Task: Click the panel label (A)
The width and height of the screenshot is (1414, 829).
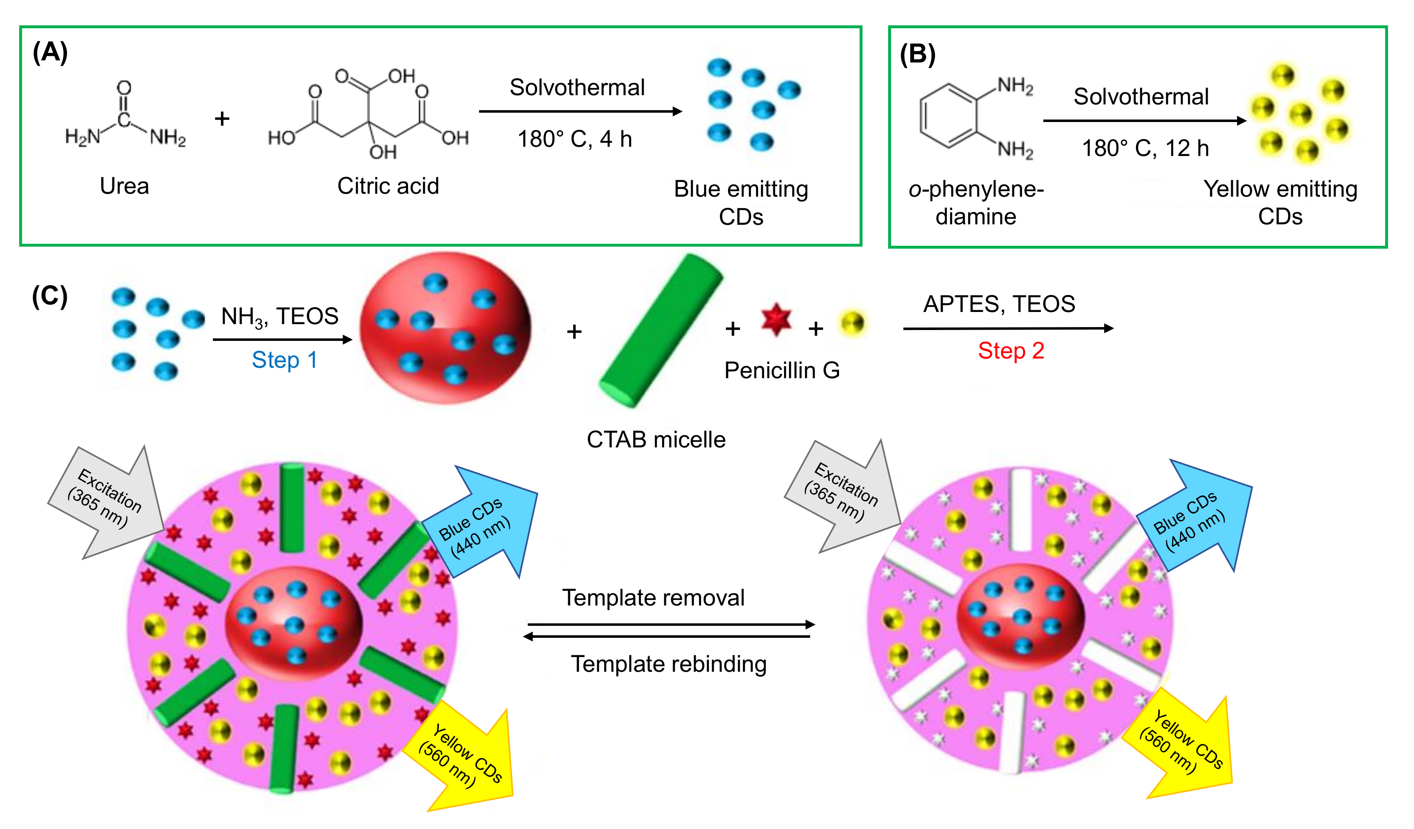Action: coord(50,53)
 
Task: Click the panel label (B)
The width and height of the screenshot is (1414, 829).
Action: coord(918,55)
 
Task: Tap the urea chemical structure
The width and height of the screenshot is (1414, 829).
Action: coord(125,121)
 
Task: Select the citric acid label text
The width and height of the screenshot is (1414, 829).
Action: coord(388,186)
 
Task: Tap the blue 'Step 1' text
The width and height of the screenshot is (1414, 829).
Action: coord(284,360)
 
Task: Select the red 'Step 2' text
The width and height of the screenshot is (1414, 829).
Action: coord(1011,351)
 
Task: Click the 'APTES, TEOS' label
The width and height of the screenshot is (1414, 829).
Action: coord(999,304)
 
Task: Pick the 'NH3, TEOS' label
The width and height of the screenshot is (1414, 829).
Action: coord(279,317)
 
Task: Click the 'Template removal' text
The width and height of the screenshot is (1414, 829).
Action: coord(653,598)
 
